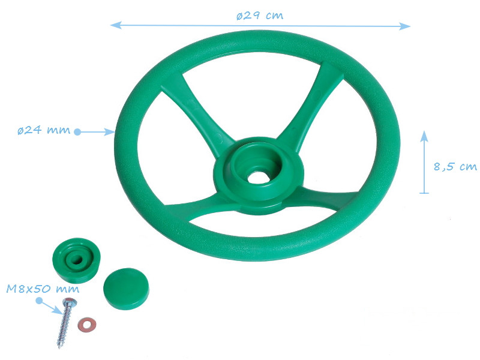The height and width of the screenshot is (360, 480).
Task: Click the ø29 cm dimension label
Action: (260, 16)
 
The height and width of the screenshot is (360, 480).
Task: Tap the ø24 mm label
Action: (44, 130)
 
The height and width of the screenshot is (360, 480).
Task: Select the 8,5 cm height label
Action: (455, 167)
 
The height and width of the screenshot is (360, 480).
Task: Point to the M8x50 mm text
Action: (43, 289)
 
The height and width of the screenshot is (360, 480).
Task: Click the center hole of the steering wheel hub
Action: (259, 177)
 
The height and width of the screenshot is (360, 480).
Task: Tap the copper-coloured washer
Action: (86, 325)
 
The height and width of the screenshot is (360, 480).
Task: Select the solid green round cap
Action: (126, 289)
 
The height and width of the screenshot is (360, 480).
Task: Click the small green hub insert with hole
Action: (77, 260)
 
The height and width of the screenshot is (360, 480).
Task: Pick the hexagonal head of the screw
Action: (70, 302)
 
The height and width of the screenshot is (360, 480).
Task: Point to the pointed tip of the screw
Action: (59, 347)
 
